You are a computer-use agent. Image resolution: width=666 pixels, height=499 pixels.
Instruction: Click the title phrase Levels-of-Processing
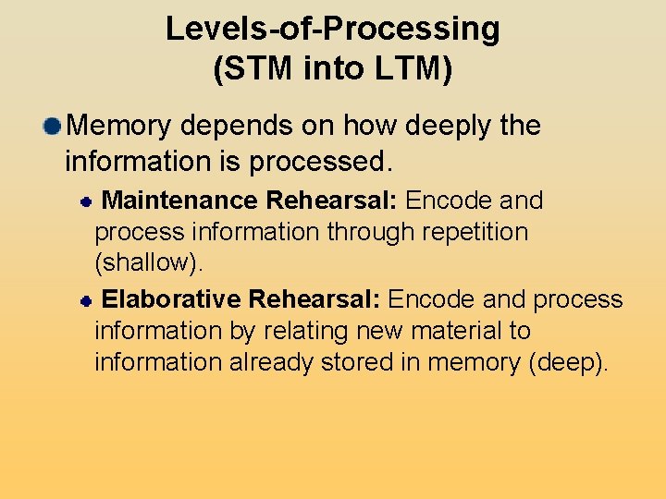pos(333,30)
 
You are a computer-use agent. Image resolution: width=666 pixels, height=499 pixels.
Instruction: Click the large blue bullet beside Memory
pos(54,126)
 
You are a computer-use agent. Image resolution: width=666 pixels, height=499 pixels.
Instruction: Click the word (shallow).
pos(148,262)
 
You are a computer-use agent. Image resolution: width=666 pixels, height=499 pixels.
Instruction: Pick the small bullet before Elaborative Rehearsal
pos(84,300)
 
